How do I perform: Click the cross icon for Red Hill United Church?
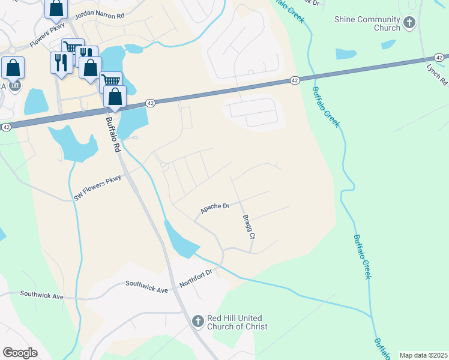pos(197,322)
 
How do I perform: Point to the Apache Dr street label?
pos(215,208)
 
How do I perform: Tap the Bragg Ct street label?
pos(249,227)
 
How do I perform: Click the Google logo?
pos(20,353)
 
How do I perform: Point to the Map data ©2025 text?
pos(423,355)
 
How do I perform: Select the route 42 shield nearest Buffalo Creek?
pos(294,80)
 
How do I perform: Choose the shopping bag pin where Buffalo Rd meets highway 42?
pos(115,96)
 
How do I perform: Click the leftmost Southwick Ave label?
pos(41,295)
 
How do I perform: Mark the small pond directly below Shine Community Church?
pos(346,54)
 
